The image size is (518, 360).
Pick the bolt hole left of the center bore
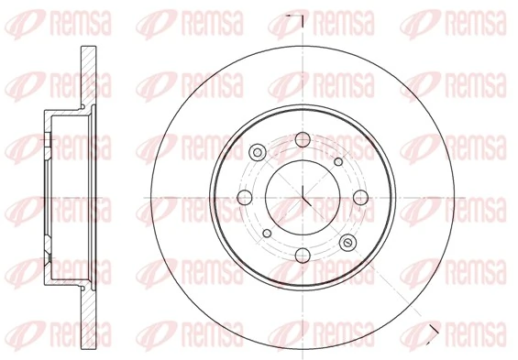point(245,196)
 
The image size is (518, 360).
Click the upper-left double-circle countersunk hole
point(257,152)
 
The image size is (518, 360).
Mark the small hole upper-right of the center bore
point(338,162)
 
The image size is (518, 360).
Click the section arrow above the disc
point(293,17)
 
